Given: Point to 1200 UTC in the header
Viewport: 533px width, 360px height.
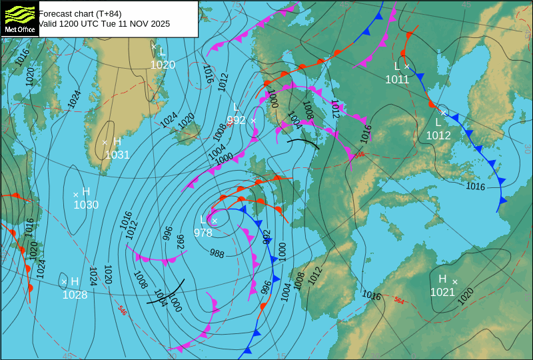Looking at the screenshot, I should (69, 23).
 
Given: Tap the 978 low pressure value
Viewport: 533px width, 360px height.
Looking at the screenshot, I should (203, 233).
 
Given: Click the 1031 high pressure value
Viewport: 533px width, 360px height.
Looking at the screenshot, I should (117, 155).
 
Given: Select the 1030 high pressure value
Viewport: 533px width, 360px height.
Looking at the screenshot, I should (86, 205).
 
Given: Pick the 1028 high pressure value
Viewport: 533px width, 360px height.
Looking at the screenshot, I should (75, 295).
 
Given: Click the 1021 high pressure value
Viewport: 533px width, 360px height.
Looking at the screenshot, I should (442, 292).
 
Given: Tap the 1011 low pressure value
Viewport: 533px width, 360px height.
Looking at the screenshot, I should (397, 79).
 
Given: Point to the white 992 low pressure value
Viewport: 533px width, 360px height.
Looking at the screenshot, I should (237, 121).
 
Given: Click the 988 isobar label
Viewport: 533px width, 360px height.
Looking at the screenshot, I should (217, 253).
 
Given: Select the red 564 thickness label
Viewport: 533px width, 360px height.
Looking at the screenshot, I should (399, 301).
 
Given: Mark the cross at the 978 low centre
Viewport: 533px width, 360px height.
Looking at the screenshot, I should (215, 221).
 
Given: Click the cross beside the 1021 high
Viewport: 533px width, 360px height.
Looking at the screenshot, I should (455, 282).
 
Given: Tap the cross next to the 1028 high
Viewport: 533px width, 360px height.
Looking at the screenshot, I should (65, 282).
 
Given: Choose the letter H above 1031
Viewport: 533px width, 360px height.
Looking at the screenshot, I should (117, 141).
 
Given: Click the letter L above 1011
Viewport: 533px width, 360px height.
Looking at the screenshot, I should (397, 66).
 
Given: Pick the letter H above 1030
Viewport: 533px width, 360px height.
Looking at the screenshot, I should (86, 192).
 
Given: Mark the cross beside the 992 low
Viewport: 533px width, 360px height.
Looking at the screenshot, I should (253, 121).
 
